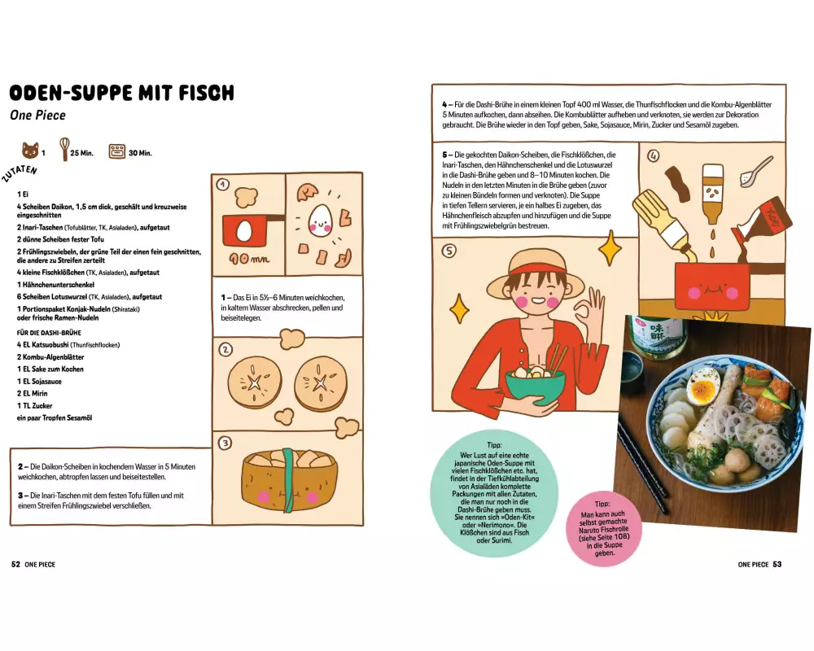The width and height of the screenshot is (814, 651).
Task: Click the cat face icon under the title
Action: pos(30,151)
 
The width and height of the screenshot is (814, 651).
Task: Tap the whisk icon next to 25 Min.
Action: pos(64,149)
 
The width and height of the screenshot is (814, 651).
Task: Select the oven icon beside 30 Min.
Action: pos(116,151)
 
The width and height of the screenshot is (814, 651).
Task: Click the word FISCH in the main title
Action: pos(207,93)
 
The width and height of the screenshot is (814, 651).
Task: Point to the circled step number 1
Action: pos(223,184)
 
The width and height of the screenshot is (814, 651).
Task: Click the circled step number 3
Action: pos(225,443)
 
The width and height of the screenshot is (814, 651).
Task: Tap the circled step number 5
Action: pos(449,251)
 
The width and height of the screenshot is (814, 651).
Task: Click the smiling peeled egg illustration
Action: pos(320,219)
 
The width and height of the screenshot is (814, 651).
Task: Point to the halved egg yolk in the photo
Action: pos(704,388)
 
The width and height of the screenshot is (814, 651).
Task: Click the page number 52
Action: pos(15,564)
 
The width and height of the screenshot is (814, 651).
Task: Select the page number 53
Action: pos(777,564)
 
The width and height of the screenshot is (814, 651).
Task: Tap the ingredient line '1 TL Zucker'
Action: pos(34,405)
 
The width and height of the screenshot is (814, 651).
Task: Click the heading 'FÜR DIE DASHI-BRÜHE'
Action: pos(49,333)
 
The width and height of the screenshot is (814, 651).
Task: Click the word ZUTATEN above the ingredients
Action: pos(20,174)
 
